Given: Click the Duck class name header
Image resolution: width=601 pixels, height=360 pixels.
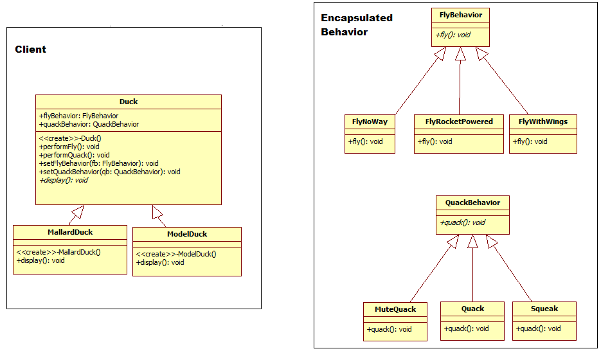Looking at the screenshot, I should click(129, 102).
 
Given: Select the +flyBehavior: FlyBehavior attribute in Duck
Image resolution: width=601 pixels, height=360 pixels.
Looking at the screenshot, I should click(78, 116).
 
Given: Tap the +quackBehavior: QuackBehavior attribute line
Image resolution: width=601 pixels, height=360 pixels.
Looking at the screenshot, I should click(89, 124).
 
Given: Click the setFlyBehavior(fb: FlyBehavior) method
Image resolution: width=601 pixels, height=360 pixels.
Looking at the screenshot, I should click(98, 163).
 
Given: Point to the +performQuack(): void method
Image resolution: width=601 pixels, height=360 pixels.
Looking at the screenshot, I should click(74, 155).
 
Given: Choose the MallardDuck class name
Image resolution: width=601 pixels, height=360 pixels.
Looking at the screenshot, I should click(70, 231).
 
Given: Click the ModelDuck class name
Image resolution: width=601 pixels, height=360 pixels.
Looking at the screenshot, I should click(187, 234).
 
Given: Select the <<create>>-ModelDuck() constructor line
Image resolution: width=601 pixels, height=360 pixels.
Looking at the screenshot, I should click(176, 254).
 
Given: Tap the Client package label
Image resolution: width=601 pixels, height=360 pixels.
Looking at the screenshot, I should click(31, 50).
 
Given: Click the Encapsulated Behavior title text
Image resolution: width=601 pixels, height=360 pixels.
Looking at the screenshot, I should click(356, 25).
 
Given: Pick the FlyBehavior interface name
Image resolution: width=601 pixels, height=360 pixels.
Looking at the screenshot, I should click(460, 15).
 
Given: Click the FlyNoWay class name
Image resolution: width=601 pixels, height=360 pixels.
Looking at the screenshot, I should click(370, 122).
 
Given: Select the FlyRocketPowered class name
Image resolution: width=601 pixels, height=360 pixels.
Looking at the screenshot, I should click(459, 122).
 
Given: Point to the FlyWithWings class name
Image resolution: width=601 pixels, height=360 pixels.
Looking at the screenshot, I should click(543, 122).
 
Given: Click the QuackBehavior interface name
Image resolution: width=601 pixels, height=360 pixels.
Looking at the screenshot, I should click(472, 203).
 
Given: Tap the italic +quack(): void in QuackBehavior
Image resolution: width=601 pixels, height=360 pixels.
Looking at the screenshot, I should click(463, 223).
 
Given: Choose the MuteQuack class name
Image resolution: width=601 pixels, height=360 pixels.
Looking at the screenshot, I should click(395, 309).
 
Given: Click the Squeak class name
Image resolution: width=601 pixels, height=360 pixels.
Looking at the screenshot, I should click(544, 309).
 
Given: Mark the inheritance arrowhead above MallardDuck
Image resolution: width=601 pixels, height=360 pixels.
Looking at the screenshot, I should click(78, 211).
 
